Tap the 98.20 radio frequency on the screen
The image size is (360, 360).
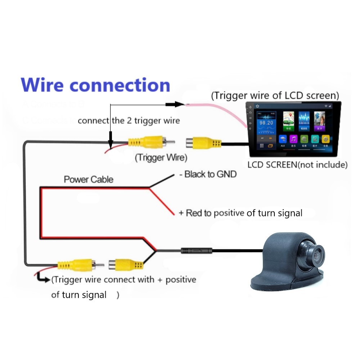click(x=266, y=123)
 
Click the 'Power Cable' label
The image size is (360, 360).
click(x=88, y=179)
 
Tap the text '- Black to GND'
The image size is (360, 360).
click(x=208, y=175)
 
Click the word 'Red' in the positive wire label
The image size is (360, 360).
click(x=194, y=213)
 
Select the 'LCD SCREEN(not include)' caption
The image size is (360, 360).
click(x=297, y=165)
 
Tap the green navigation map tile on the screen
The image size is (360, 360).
click(x=288, y=121)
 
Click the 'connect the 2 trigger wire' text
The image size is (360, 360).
click(x=129, y=121)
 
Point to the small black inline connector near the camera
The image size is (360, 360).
click(x=196, y=250)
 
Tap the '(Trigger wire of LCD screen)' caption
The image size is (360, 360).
click(x=275, y=96)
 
